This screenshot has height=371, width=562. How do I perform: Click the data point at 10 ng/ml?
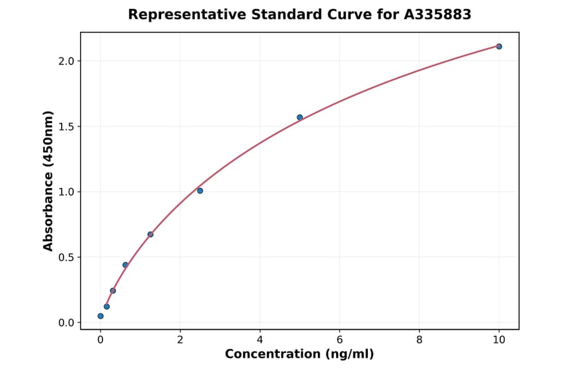[x=499, y=46]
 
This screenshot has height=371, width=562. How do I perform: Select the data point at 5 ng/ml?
[x=300, y=117]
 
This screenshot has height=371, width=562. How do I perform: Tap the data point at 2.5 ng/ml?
[x=200, y=190]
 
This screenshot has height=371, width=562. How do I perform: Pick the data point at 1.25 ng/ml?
[x=150, y=234]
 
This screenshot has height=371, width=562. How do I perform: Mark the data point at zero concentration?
[x=101, y=316]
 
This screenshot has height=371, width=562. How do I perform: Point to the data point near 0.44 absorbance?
[x=126, y=265]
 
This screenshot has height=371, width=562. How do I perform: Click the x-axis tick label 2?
[x=180, y=340]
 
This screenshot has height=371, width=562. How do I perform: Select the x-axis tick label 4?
[x=260, y=340]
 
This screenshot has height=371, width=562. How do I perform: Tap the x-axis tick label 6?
[x=339, y=340]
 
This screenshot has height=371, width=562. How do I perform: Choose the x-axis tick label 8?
[x=419, y=340]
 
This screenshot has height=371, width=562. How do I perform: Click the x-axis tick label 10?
[x=499, y=340]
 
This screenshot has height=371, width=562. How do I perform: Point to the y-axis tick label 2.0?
[x=67, y=61]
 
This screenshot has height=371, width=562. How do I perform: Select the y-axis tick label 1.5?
[x=67, y=127]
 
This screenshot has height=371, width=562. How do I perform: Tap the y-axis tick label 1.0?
[x=67, y=192]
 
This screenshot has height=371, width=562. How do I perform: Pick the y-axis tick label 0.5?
[x=67, y=257]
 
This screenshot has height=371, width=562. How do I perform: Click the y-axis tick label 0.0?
[x=67, y=323]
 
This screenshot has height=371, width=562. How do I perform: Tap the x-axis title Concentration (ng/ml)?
[x=299, y=355]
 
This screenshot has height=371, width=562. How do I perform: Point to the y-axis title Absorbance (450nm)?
[x=49, y=181]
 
